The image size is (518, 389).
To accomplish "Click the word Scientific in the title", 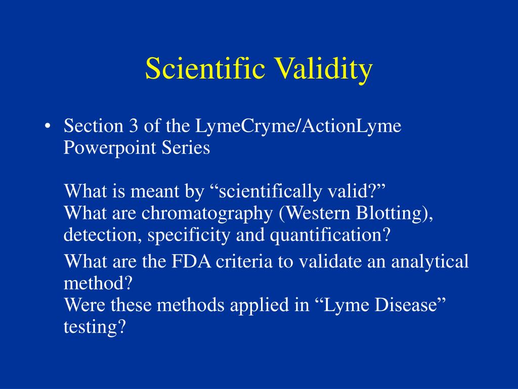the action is coord(205,68).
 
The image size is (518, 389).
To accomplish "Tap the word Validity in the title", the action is coord(324,70).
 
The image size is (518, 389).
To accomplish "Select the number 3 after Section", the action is coord(133,126).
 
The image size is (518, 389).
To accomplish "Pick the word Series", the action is coord(186,147).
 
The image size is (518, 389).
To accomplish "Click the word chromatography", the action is coord(207,214).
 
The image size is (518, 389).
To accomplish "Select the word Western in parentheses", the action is coord(317,213).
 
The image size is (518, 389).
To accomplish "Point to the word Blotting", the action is coord(392,214).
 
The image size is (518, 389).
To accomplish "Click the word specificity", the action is coord(189,236).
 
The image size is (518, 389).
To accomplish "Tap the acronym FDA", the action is coord(191,261).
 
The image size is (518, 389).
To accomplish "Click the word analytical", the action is coord(430,262).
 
